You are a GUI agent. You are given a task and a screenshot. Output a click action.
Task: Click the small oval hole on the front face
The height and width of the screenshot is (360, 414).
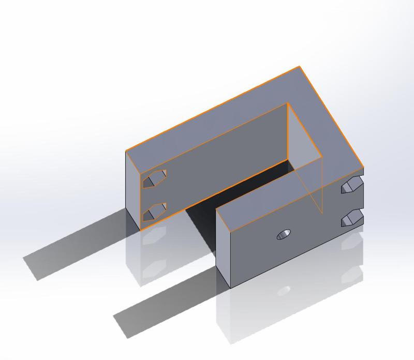point(284,234)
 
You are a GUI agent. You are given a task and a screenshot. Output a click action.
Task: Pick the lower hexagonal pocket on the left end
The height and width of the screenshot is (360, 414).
point(154,212)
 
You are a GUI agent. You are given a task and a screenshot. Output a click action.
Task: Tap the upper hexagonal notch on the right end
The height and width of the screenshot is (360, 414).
point(352,186)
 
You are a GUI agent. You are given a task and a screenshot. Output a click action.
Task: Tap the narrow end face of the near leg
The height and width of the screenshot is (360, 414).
point(223,248)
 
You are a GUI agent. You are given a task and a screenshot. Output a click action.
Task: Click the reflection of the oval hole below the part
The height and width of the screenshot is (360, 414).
point(284,291)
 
